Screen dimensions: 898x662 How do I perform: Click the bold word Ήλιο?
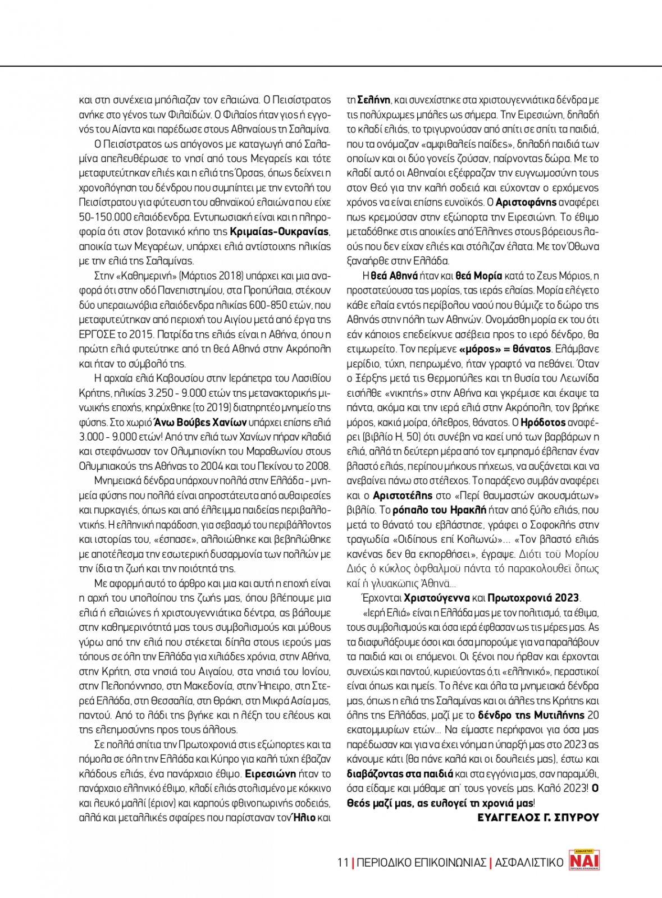pos(303,817)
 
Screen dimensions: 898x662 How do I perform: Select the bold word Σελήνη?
pos(373,100)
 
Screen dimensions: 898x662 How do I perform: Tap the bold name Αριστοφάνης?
pos(526,202)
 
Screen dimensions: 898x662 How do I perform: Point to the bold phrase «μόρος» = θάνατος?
pos(505,349)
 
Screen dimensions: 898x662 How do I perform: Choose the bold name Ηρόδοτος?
pos(544,422)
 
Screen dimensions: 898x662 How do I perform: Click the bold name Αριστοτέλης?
pos(403,495)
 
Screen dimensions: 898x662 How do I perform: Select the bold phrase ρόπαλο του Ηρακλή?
pos(439,510)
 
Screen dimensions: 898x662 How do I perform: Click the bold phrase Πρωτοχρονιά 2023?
pos(534,598)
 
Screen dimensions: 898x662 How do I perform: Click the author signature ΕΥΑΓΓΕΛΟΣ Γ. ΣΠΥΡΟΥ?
pos(538,818)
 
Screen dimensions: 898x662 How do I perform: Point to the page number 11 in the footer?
pos(343,862)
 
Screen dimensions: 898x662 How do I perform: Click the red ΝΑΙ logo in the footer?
pos(584,859)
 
